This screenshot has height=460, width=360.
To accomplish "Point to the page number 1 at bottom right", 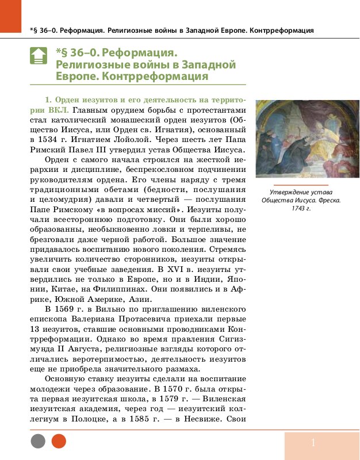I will tap(313, 442).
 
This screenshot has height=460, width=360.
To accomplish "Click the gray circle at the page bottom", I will tap(38, 441).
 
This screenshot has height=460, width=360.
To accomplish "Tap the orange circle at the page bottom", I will tap(59, 441).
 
